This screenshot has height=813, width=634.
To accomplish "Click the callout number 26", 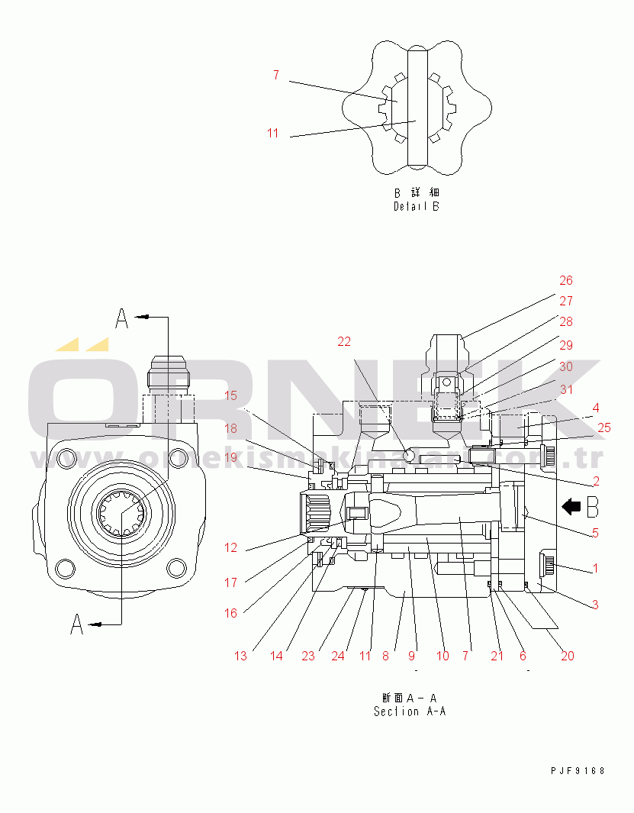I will [x=565, y=281].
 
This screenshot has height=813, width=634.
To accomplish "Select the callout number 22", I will [x=345, y=341].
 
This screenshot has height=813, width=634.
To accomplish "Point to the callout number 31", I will [x=565, y=389].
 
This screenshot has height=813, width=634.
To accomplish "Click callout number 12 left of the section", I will [x=230, y=547].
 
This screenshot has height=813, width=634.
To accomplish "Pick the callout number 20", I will [x=568, y=655].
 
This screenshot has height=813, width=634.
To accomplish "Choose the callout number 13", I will [x=240, y=656].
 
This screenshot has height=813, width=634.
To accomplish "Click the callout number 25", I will [x=603, y=427].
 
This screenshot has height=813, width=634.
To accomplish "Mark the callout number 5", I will [x=595, y=533].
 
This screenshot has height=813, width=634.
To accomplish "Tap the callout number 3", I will [x=595, y=605].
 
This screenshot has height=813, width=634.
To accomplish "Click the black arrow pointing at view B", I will [x=571, y=505].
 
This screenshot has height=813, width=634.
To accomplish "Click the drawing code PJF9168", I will [x=578, y=770].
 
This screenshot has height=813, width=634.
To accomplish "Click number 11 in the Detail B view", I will [x=272, y=134].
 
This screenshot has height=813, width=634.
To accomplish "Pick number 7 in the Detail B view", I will [x=275, y=76].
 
